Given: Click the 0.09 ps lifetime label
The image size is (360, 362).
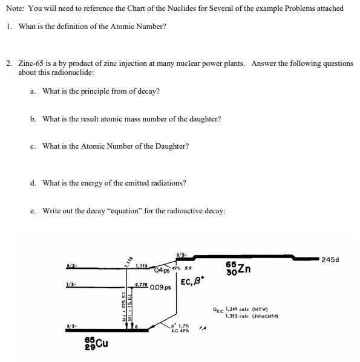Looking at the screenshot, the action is click(x=162, y=288).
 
